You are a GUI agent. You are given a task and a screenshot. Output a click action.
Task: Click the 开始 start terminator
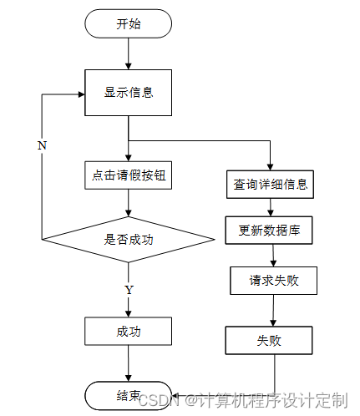click(x=128, y=23)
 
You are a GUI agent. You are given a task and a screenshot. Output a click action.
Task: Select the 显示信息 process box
click(x=128, y=93)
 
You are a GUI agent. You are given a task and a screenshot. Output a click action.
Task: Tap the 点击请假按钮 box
click(x=128, y=175)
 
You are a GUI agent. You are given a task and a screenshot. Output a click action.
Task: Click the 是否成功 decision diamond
click(x=128, y=239)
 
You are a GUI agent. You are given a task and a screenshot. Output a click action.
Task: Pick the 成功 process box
click(x=128, y=331)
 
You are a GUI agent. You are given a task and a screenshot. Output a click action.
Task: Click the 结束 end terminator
click(x=128, y=395)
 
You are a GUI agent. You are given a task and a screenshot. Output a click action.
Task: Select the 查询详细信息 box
click(x=270, y=185)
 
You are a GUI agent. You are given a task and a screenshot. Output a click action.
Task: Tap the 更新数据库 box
click(x=269, y=231)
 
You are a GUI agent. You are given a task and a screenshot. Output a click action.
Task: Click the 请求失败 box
click(x=273, y=281)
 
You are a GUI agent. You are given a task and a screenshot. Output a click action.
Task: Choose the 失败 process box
click(x=269, y=340)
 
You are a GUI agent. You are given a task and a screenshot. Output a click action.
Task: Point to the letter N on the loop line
click(x=42, y=145)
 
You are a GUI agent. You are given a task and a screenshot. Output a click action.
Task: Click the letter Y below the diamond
click(x=129, y=290)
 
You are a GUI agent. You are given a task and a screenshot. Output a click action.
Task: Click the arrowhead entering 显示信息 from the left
click(x=82, y=94)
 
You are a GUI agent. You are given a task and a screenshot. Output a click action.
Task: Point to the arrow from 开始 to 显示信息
click(x=129, y=53)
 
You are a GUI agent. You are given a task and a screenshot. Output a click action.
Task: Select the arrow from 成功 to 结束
click(x=129, y=363)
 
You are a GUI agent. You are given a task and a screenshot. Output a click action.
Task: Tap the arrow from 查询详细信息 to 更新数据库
click(x=270, y=207)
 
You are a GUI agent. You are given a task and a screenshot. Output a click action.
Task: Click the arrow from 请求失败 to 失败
click(x=273, y=311)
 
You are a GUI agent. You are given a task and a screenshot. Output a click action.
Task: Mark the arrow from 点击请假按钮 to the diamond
click(x=129, y=203)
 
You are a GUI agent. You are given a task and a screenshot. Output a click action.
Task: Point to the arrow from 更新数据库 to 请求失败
click(x=273, y=256)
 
